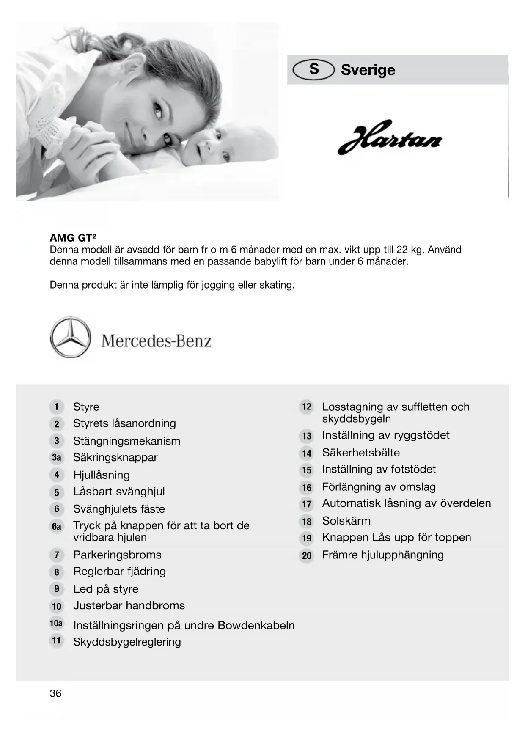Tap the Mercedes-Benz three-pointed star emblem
(70, 337)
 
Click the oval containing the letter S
(313, 69)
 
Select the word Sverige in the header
(368, 70)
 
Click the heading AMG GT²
(73, 238)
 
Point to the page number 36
(55, 693)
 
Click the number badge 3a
(56, 458)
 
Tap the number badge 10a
(56, 623)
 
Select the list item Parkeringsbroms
(117, 555)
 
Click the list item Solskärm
(346, 521)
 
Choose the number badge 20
(307, 555)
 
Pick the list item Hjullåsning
(102, 475)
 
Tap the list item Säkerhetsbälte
(361, 453)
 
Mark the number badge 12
(307, 407)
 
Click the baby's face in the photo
(209, 146)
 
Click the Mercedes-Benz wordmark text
(156, 341)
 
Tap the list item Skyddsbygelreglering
(127, 642)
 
